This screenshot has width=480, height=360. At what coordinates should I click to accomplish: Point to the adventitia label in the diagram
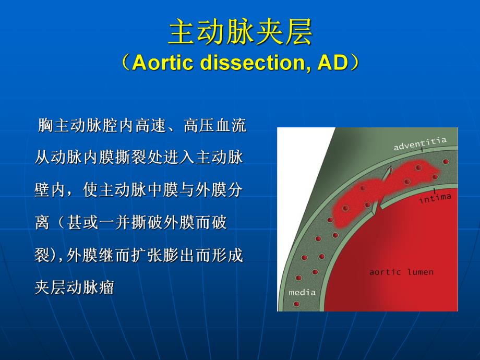point(420,143)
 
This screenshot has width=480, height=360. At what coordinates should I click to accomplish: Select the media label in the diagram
point(302,292)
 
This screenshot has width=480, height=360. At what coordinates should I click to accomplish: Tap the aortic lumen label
point(401,272)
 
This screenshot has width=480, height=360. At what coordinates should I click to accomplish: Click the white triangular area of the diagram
point(297,157)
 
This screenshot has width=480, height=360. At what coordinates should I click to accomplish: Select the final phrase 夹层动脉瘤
point(74,287)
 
